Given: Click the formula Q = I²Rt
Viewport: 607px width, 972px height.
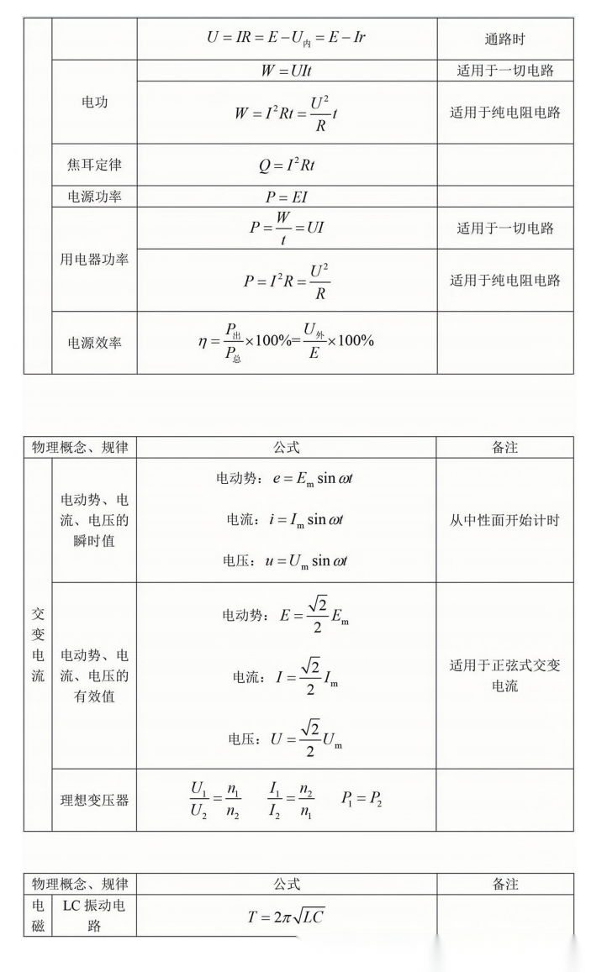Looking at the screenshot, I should [287, 165].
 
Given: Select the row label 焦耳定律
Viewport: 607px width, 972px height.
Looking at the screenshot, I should [94, 165].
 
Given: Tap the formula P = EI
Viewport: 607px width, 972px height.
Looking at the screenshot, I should [287, 197].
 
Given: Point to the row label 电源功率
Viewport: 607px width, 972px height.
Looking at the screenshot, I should [94, 197].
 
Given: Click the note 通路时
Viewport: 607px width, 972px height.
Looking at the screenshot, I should [505, 39].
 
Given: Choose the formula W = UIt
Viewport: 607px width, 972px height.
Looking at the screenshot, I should [287, 71].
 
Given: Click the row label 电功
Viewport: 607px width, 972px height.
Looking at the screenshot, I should [94, 102].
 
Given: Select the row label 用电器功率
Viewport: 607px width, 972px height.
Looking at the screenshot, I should [94, 260].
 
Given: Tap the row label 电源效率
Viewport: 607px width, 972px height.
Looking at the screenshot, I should [94, 343].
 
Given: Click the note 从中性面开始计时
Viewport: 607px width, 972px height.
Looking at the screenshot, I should [505, 520].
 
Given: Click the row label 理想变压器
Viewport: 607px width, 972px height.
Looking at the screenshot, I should [94, 800].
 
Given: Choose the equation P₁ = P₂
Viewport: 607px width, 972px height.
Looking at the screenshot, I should [362, 800].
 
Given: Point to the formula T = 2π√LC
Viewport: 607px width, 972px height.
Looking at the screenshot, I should [287, 917].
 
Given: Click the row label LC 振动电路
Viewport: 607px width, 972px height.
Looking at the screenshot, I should [94, 916].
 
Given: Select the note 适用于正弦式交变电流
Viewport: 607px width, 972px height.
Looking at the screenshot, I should [505, 675].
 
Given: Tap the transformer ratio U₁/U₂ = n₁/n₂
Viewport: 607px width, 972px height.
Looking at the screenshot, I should [215, 801].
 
